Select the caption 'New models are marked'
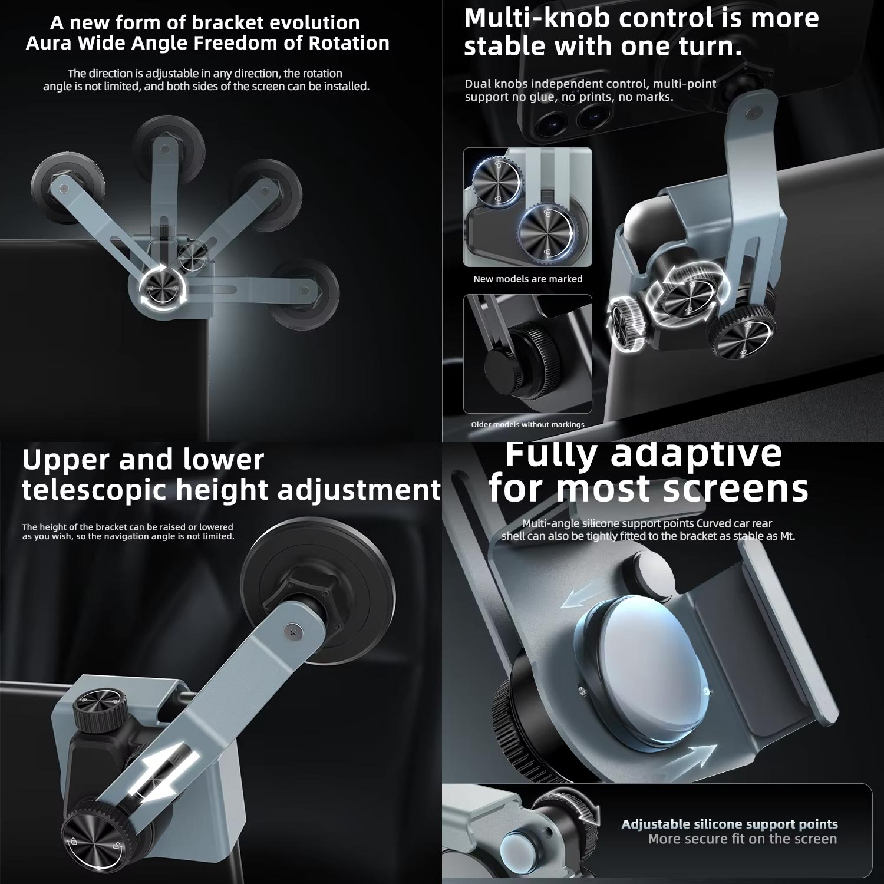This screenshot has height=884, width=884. [x=528, y=279]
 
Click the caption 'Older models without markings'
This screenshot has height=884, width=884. [x=528, y=424]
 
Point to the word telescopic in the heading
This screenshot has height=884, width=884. [x=95, y=490]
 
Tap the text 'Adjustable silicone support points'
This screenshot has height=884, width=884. [x=730, y=824]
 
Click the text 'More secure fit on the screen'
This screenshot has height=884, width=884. [x=743, y=839]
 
